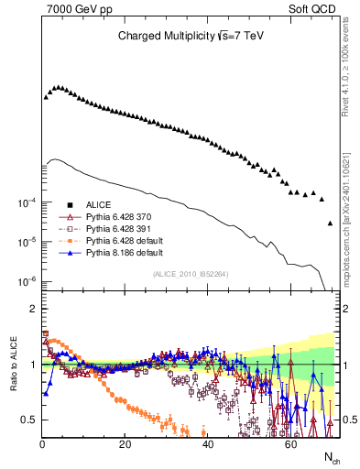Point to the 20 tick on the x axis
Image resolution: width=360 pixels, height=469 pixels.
(x=125, y=444)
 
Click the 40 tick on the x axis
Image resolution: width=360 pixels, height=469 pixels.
(x=208, y=444)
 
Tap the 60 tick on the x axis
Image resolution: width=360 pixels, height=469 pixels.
(x=290, y=444)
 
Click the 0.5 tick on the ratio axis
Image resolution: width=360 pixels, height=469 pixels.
(x=27, y=420)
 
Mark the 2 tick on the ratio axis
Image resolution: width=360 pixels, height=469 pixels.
(x=32, y=309)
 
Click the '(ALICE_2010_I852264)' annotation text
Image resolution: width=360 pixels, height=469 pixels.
(x=190, y=272)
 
